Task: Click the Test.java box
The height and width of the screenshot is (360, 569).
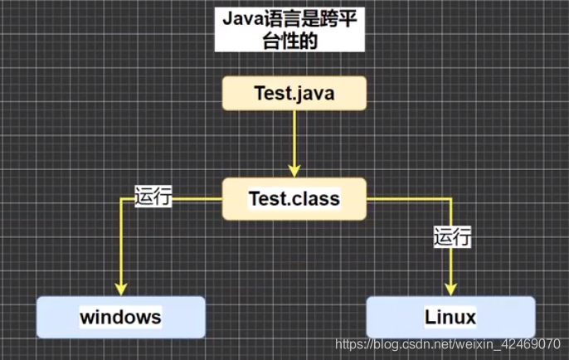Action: (294, 93)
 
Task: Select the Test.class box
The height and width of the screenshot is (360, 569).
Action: (294, 199)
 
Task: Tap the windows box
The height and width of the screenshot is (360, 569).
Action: (120, 317)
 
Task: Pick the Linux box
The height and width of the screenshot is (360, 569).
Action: (450, 317)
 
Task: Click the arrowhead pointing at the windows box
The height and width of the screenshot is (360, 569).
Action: (120, 288)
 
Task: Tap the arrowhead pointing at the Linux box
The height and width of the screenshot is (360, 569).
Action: (451, 288)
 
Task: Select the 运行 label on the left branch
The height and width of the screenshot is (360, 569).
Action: (153, 197)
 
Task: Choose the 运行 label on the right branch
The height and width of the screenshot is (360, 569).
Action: (452, 237)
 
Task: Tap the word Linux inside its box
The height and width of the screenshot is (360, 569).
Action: (450, 317)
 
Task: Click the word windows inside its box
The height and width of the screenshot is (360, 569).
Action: (120, 317)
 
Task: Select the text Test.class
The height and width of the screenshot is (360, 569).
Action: (294, 199)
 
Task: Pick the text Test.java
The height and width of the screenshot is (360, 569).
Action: (294, 93)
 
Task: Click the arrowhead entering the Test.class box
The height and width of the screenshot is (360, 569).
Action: (294, 169)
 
